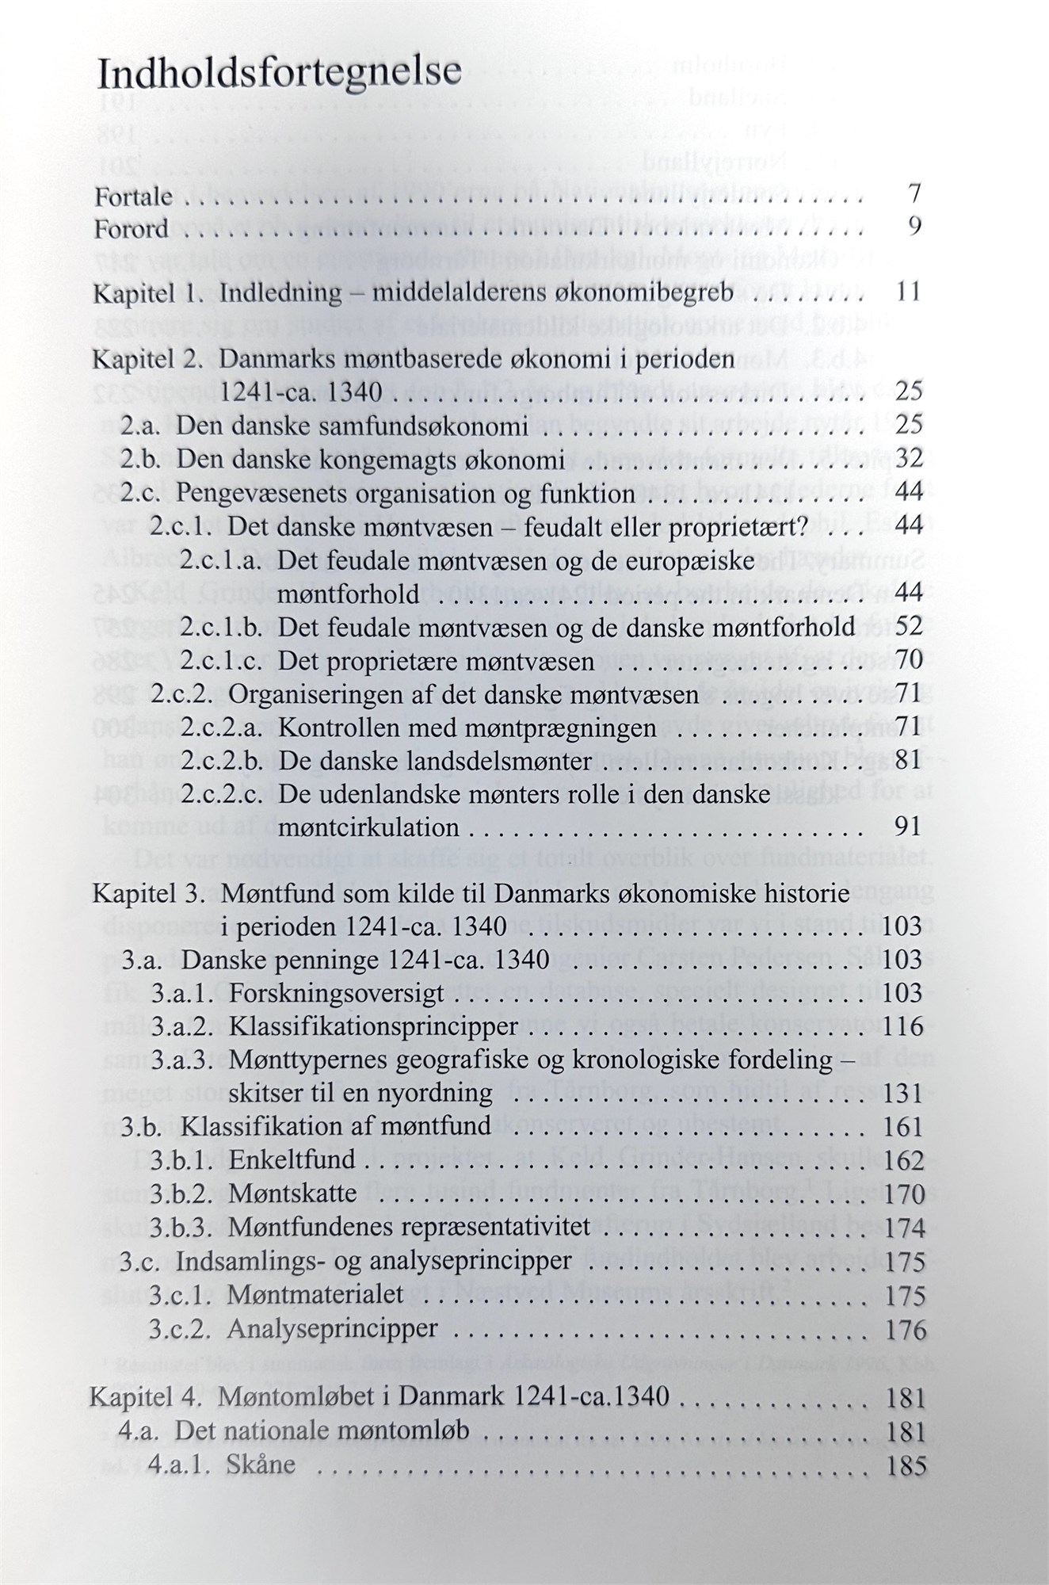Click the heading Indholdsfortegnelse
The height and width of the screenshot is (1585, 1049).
tap(279, 74)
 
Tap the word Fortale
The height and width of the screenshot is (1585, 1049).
tap(133, 197)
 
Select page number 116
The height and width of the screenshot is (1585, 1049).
tap(906, 1027)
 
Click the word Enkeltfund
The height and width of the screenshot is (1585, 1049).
tap(292, 1161)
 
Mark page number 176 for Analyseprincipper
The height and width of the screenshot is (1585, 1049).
tap(906, 1329)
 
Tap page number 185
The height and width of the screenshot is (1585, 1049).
tap(906, 1465)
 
